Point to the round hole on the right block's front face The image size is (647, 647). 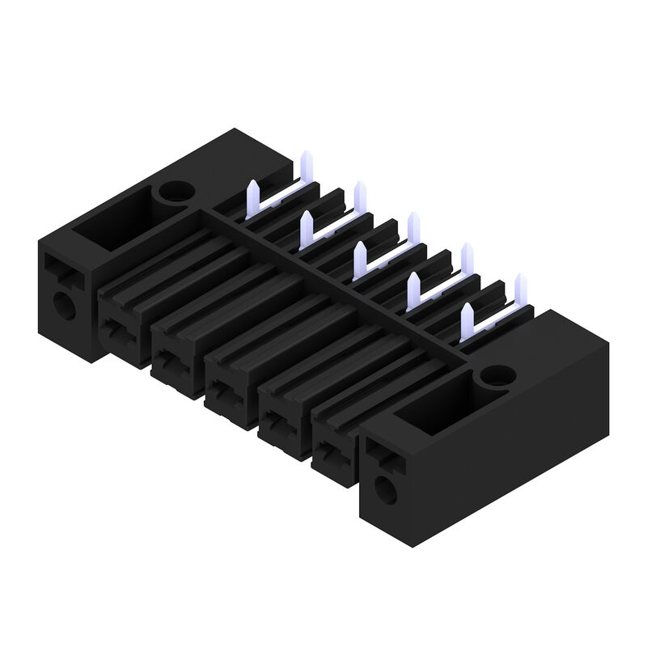(387, 488)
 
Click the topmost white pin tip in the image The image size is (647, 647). (307, 159)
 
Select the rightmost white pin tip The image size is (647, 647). (520, 285)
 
